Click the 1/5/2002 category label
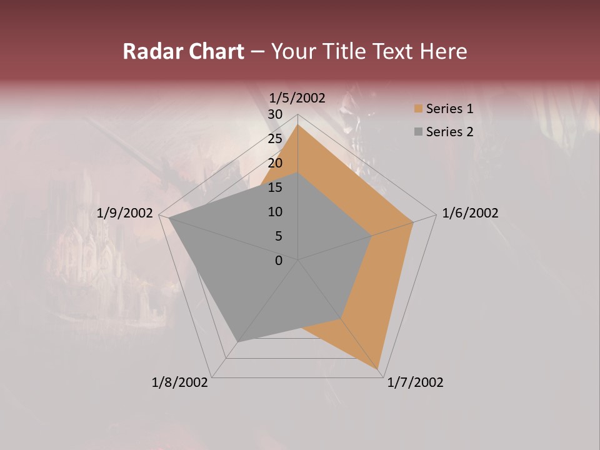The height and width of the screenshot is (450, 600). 297,98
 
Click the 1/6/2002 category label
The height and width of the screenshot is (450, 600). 470,213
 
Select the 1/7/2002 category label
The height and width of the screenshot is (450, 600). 415,382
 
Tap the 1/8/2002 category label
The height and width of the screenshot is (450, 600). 180,382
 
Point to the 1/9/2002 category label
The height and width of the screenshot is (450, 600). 125,213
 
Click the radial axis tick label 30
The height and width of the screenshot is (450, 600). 275,114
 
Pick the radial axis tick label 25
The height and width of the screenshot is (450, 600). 275,139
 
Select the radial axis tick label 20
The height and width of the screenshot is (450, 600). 275,163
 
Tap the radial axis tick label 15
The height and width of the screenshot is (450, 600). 275,187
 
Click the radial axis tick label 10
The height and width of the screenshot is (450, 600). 275,212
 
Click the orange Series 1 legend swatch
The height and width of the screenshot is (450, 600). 418,109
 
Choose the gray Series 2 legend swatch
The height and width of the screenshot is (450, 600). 418,132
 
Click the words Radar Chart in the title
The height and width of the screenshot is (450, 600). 183,52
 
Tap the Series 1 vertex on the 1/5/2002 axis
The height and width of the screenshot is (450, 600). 298,124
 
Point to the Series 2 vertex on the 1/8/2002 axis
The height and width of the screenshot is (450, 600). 237,342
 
